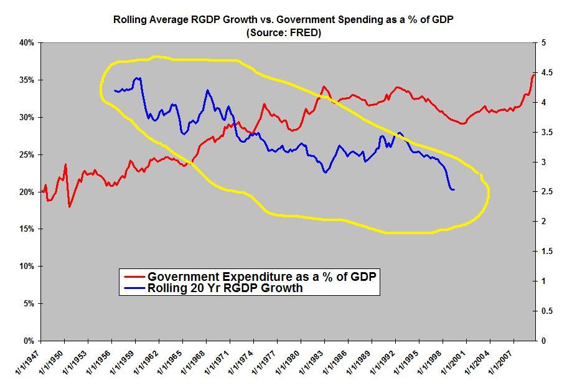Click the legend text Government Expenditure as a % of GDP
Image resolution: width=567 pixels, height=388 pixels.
click(x=261, y=276)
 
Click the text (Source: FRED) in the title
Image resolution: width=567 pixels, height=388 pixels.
click(x=283, y=33)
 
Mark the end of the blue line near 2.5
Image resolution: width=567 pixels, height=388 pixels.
click(x=454, y=189)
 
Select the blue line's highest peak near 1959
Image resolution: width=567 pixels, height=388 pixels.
click(x=138, y=78)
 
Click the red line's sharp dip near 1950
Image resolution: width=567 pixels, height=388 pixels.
click(x=70, y=206)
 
